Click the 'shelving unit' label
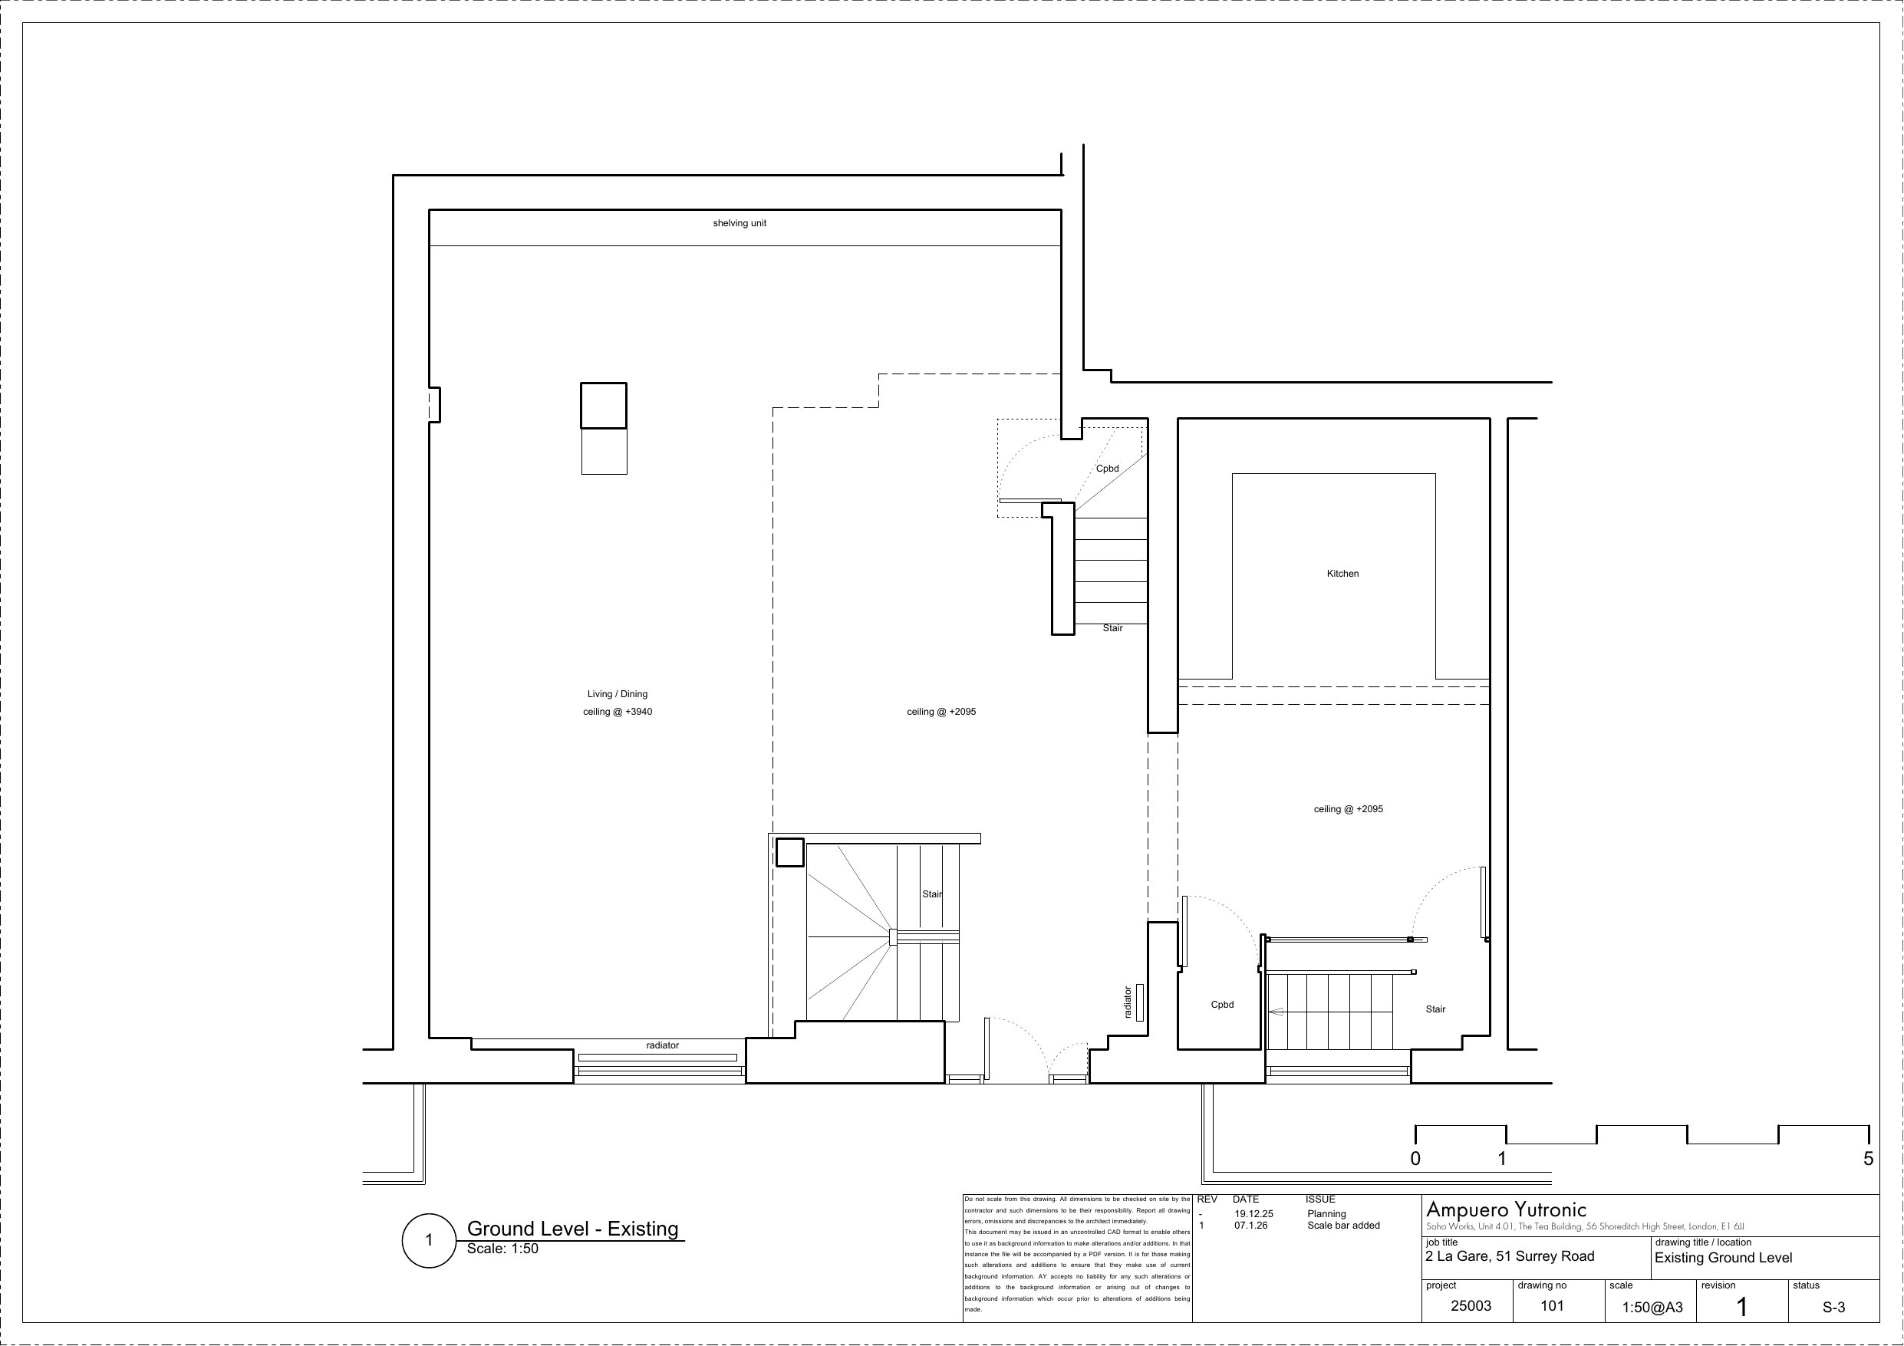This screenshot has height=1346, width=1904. (739, 223)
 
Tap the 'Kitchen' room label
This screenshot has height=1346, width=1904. (1342, 573)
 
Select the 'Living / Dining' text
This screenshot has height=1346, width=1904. (617, 694)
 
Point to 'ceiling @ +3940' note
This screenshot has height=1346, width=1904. (617, 712)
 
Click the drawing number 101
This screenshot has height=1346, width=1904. (1552, 1305)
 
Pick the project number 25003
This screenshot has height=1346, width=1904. (1471, 1305)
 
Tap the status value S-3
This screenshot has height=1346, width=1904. (1833, 1307)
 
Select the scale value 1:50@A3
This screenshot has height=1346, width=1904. (1652, 1307)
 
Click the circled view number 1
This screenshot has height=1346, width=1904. (429, 1241)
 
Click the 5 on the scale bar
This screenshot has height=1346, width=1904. (1869, 1159)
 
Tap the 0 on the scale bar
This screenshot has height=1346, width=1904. (1415, 1159)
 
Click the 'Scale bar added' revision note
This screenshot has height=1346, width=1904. (1343, 1225)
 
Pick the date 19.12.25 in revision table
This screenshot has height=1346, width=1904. (1253, 1213)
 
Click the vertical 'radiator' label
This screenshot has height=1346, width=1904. (1127, 1002)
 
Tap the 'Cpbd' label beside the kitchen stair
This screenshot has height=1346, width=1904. (1222, 1004)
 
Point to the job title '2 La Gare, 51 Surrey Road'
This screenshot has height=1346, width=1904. (1509, 1255)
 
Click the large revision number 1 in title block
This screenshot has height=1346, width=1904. (1741, 1307)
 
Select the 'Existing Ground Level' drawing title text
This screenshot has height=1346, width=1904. (1723, 1257)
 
